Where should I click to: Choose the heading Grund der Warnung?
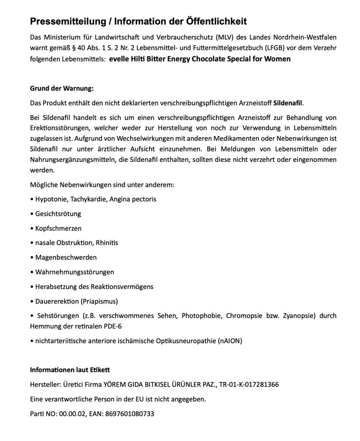pyautogui.click(x=62, y=89)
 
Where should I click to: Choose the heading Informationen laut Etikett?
pyautogui.click(x=70, y=370)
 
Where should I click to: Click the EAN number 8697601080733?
pyautogui.click(x=130, y=414)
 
